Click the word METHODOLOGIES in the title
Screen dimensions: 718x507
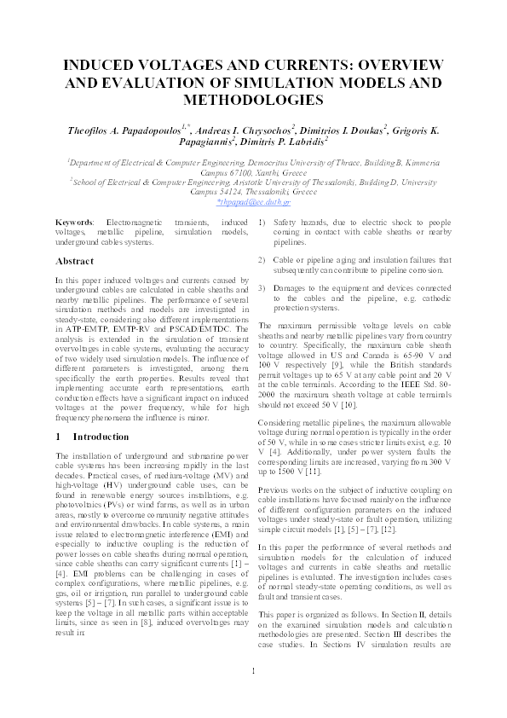pos(253,100)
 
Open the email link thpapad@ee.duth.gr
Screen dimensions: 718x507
pos(253,203)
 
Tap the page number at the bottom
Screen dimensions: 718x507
pos(253,693)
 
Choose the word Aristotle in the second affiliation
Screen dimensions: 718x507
pos(272,182)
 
